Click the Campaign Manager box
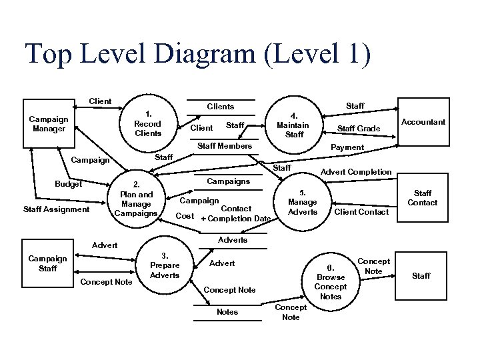[x=48, y=123]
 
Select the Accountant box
[x=423, y=122]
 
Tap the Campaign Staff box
[x=48, y=263]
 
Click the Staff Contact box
[x=423, y=197]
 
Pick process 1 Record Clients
[x=147, y=123]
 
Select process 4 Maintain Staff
[x=293, y=125]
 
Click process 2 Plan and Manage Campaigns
[x=136, y=199]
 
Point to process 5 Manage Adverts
[x=302, y=202]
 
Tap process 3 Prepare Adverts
[x=165, y=265]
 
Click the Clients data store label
[x=220, y=107]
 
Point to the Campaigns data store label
[x=229, y=181]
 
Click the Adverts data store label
[x=233, y=240]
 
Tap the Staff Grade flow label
[x=359, y=128]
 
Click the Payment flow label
[x=347, y=147]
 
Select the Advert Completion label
[x=356, y=172]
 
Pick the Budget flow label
[x=67, y=183]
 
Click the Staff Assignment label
[x=56, y=209]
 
